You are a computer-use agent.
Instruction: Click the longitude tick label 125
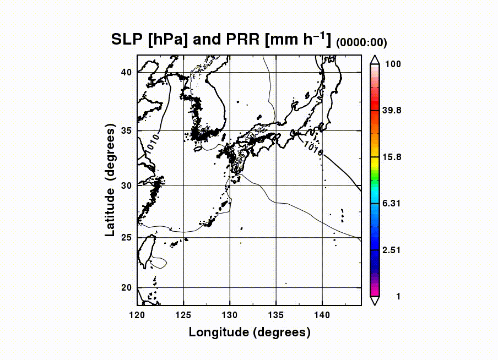pos(183,314)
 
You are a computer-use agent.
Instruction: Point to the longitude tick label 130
pos(230,314)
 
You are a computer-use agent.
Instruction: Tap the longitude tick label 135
pos(276,314)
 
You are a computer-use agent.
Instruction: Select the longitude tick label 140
pos(322,314)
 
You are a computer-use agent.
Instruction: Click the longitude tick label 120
pos(137,314)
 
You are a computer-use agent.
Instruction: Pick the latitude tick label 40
pos(126,72)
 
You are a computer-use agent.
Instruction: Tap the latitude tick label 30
pos(126,186)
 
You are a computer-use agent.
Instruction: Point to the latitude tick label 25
pos(126,238)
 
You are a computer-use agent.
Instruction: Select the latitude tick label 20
pos(126,287)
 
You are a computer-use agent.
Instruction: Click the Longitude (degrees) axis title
pos(250,332)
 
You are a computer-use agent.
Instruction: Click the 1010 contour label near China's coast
pos(153,142)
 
